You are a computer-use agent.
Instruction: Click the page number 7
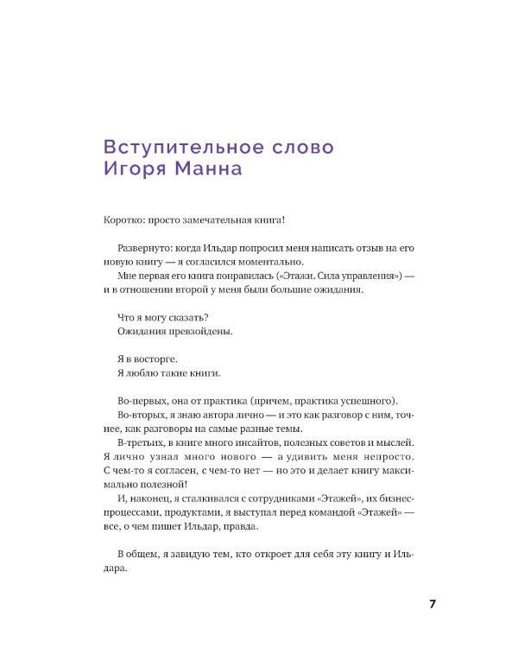tap(433, 604)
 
